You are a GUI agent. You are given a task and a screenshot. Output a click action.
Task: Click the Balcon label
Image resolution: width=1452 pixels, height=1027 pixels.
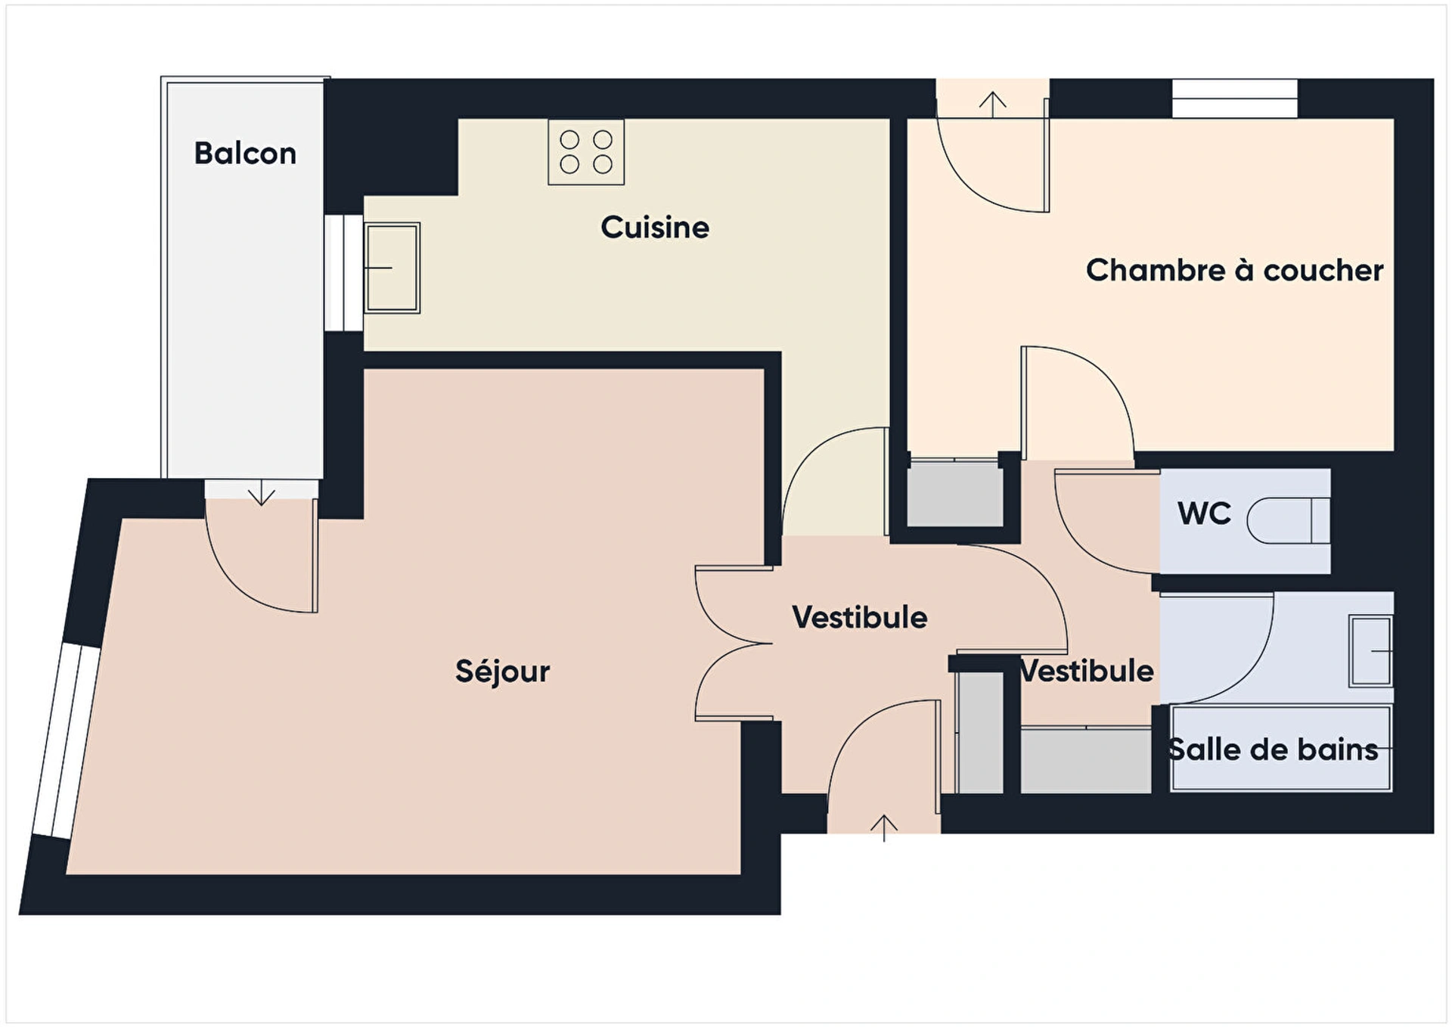[x=245, y=154]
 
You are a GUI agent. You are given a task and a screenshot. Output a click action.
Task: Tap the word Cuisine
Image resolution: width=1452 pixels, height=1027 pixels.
[x=655, y=227]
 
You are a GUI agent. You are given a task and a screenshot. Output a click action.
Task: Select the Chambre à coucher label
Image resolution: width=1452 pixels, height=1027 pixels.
[x=1234, y=270]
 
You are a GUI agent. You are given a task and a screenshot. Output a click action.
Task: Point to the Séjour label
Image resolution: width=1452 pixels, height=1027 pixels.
[x=502, y=671]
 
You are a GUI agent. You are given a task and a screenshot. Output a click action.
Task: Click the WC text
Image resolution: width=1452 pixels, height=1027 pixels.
[x=1204, y=513]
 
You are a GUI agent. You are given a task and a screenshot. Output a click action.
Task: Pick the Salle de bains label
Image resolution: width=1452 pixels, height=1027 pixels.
[x=1272, y=749]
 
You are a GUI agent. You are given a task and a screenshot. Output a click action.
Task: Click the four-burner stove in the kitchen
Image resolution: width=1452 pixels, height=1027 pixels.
[x=586, y=152]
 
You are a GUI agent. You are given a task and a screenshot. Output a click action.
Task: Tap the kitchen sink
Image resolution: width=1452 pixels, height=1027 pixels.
[x=392, y=268]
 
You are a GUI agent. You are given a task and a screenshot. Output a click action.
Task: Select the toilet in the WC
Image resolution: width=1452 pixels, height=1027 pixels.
[x=1288, y=520]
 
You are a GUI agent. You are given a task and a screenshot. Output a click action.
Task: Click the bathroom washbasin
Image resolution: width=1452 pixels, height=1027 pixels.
[x=1370, y=651]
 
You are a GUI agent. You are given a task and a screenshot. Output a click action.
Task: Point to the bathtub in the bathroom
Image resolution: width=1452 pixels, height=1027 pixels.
[x=1281, y=749]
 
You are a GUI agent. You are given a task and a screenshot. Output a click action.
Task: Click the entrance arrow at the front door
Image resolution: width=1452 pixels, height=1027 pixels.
[x=883, y=828]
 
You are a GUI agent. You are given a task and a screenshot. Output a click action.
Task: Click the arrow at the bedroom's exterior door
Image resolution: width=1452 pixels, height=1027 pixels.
[x=992, y=104]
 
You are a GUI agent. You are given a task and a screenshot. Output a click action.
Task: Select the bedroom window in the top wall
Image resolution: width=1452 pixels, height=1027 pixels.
[x=1235, y=98]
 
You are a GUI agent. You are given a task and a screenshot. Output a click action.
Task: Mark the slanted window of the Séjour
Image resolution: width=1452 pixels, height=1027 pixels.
[x=67, y=741]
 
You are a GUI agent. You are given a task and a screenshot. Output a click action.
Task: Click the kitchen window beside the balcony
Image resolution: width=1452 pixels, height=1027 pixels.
[x=344, y=273]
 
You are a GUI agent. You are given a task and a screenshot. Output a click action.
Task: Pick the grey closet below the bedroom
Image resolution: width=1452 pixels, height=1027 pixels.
[x=955, y=493]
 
